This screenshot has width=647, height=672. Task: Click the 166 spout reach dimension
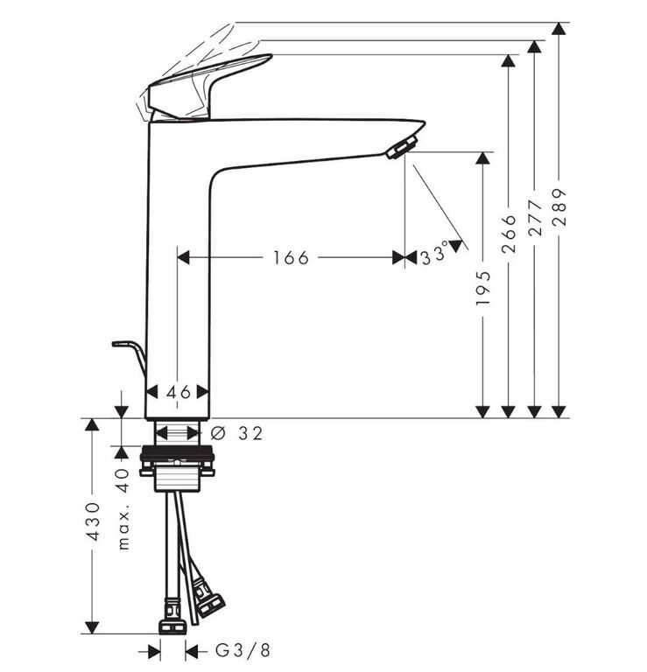292,258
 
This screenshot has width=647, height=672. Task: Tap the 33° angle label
434,255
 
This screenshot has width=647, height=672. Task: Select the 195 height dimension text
482,288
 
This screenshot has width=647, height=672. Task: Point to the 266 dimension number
509,234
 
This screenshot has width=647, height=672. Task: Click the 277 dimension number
535,217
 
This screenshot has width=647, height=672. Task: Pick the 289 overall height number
559,207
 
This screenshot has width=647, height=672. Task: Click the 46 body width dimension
178,392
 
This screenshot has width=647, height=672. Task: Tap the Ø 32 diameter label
236,434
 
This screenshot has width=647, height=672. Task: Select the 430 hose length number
92,521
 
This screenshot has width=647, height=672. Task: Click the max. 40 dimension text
123,508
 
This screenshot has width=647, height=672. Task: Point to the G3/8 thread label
243,651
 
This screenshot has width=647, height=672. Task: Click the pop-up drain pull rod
129,355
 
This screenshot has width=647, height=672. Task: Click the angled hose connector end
208,599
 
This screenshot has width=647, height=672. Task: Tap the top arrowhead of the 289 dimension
559,29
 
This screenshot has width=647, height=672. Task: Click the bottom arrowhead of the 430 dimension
92,627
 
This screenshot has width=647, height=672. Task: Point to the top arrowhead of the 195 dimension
482,158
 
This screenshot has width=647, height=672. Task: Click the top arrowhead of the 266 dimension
509,61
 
